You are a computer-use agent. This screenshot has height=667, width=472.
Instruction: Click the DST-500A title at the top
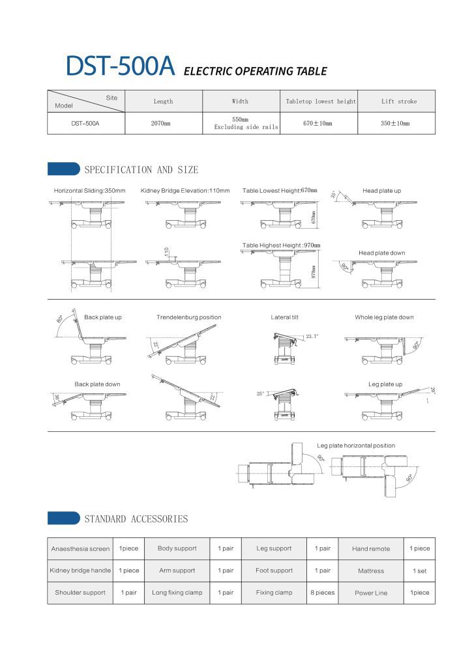[120, 67]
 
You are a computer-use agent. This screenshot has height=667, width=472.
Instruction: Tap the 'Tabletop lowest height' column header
[321, 102]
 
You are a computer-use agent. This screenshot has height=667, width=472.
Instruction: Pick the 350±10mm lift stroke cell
[395, 123]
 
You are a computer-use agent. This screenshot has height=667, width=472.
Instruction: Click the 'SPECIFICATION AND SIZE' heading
[141, 170]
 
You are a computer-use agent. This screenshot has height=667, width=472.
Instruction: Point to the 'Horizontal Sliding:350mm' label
[90, 191]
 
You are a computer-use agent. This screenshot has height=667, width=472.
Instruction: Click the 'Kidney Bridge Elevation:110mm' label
[185, 191]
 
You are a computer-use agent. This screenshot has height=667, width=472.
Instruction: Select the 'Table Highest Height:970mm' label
[282, 245]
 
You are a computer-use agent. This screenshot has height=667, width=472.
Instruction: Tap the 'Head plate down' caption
[381, 253]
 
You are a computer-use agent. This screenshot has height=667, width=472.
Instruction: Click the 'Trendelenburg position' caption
[189, 317]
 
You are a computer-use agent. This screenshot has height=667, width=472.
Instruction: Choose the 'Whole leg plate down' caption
[384, 317]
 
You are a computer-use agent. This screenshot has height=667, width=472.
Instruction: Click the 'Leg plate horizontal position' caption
[356, 446]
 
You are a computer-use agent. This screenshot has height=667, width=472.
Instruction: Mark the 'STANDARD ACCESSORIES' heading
[136, 519]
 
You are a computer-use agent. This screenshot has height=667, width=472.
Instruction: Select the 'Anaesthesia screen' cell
[80, 548]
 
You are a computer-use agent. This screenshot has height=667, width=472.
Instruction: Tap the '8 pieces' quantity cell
[322, 593]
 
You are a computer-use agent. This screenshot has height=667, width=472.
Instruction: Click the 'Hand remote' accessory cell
[371, 549]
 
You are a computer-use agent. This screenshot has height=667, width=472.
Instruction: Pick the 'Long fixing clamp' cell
[177, 593]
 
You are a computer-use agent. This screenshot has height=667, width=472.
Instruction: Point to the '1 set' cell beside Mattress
[419, 571]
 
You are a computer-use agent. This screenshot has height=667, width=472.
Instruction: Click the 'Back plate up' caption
[103, 317]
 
